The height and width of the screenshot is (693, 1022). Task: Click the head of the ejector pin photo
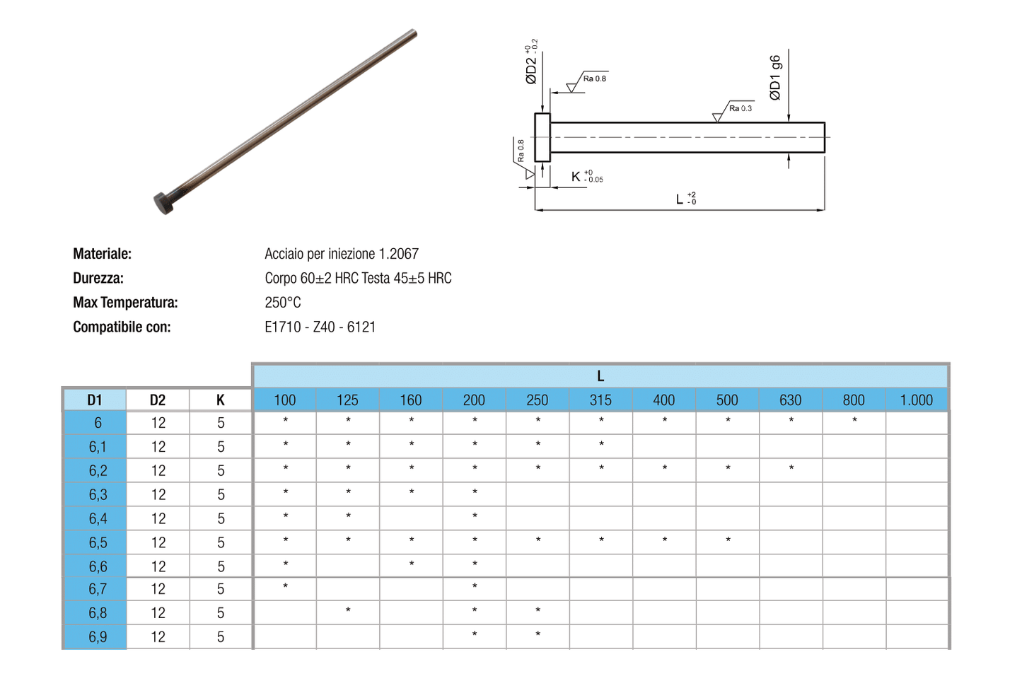(164, 204)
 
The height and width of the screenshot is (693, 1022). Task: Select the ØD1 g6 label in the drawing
(775, 78)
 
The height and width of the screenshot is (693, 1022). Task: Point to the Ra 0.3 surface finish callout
(740, 109)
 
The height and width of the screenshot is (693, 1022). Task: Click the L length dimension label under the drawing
(686, 199)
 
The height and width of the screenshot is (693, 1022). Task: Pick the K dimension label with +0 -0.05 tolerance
(587, 176)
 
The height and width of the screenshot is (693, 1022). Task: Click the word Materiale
(102, 254)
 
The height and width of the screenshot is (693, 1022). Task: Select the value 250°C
(283, 303)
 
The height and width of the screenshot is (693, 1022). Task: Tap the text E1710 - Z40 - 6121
(320, 327)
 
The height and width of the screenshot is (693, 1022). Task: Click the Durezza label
(98, 279)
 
